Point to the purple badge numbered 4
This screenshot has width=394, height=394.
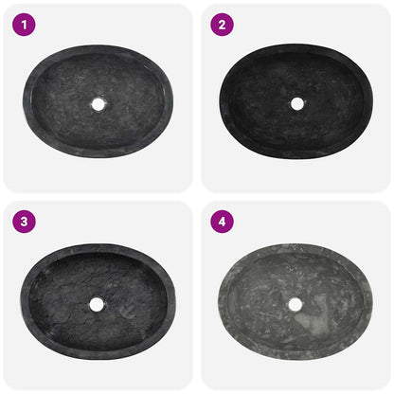pos(221,223)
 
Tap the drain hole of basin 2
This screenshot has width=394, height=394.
pos(296,103)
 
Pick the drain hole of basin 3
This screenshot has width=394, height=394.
pos(97,304)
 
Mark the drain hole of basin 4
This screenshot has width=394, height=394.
pos(295,304)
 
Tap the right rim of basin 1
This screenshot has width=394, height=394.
pos(172,101)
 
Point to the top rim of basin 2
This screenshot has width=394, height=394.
pos(296,47)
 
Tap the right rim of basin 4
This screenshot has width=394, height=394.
pos(369,304)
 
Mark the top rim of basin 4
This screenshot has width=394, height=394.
pos(295,248)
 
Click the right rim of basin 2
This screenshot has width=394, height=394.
pos(370,102)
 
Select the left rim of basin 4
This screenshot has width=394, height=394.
pos(220,304)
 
